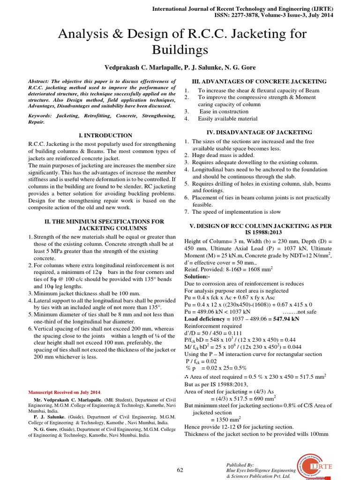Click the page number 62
tap(180, 470)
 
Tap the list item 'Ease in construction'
tap(224, 112)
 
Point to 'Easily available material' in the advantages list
tap(227, 119)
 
